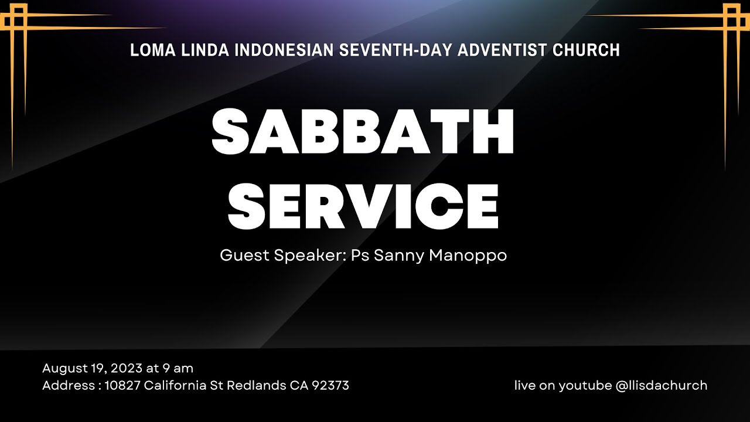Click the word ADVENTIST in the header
(503, 50)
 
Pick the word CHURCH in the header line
(586, 50)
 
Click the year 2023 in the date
(125, 369)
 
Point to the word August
(62, 369)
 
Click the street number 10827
(122, 386)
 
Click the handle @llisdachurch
(662, 386)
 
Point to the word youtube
(584, 386)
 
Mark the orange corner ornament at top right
(731, 21)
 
